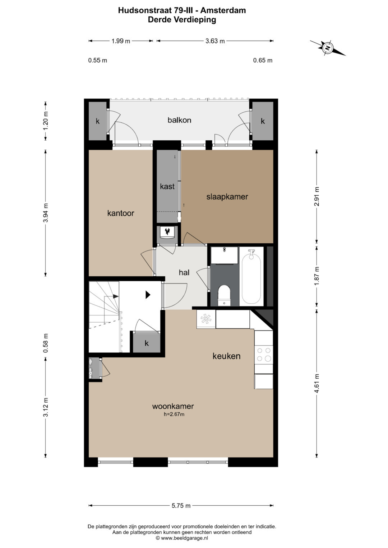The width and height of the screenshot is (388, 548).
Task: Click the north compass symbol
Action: pos(328,48)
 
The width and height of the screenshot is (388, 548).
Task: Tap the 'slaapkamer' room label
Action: pos(227,197)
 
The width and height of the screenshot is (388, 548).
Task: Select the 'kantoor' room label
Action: pos(120,213)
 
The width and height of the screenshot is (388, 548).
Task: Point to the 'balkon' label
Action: pos(179,120)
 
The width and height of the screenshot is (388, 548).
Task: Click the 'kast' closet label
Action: pos(167,186)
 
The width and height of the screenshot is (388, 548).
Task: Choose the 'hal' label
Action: pos(184,272)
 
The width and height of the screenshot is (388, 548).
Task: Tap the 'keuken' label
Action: pos(226,356)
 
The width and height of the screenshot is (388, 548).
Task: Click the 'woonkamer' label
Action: pos(173,406)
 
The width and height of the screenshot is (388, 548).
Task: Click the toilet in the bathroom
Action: pos(224,295)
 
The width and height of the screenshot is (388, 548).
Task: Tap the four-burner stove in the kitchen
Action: pos(264,355)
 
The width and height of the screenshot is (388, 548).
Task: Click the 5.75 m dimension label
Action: pos(181,505)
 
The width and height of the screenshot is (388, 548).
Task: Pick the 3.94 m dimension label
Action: pos(45,213)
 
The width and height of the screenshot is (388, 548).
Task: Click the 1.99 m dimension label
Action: pos(121,41)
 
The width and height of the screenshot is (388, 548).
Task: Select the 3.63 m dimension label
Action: pos(215,41)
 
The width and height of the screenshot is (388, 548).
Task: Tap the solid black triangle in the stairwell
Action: pos(148,295)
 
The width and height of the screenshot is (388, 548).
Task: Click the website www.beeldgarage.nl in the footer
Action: pos(184,538)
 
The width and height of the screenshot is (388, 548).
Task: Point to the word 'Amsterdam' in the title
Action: pos(226,10)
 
